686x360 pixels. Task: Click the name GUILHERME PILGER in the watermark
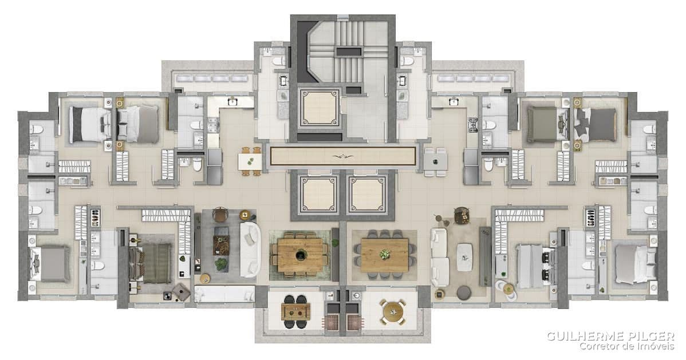coord(610,336)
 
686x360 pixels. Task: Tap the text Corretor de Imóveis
coord(626,346)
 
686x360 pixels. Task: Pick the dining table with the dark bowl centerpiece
coord(300,255)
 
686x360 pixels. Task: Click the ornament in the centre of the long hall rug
coord(343,156)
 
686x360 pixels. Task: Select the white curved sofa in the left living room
coord(250,250)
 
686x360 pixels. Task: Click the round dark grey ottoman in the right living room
coord(464,292)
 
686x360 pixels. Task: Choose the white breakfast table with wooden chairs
coord(249,161)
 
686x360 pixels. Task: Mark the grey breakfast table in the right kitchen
coord(435,161)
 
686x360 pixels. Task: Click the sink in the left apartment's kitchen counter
coord(232,102)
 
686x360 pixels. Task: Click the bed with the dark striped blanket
coord(149,263)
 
